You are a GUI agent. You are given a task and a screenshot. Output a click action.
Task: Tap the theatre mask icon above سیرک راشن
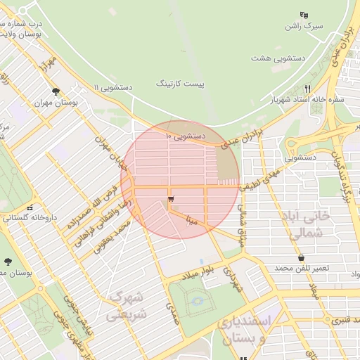303,15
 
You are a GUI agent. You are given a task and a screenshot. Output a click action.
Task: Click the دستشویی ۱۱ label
112,87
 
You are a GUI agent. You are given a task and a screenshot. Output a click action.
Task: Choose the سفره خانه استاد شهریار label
311,101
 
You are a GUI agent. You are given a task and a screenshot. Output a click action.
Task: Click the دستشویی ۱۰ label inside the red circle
186,134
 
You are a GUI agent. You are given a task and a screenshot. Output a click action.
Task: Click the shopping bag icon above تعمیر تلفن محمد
302,258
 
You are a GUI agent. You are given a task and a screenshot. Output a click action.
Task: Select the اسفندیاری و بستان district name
251,330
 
